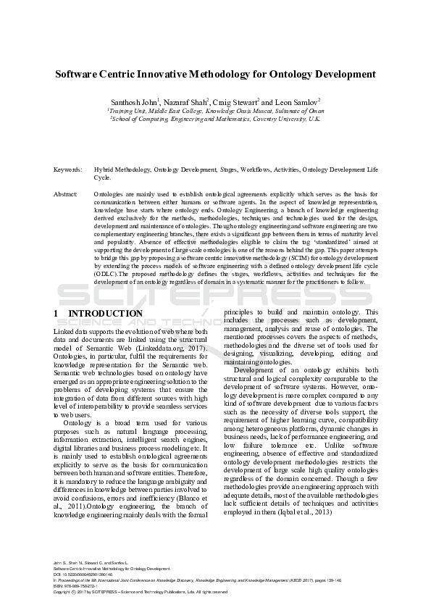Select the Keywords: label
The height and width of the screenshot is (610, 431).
(67, 168)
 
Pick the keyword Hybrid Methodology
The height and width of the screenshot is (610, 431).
(118, 168)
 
